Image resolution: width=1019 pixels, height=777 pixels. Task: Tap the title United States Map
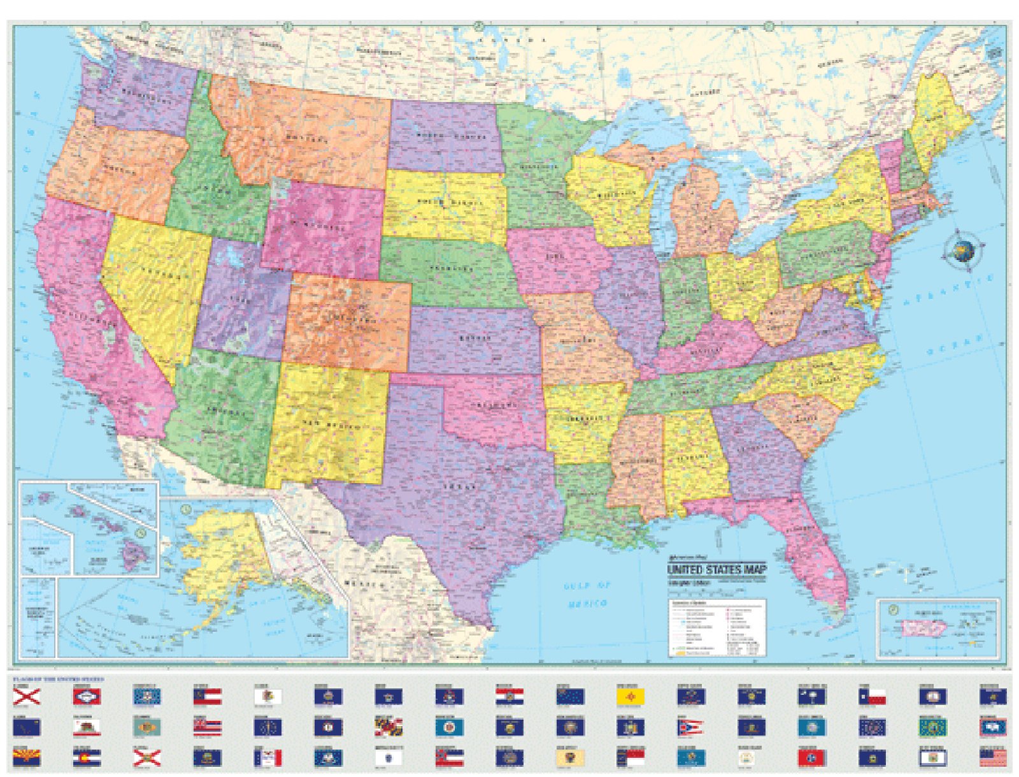point(716,569)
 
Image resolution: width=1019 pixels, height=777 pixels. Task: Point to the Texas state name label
point(460,486)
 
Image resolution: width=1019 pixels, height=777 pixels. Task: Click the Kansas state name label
point(475,338)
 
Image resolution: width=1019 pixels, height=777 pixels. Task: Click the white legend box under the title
point(716,627)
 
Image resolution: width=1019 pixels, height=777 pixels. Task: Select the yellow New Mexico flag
point(631,697)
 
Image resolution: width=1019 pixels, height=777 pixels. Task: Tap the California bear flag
point(87,727)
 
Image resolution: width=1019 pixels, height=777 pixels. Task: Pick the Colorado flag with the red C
point(87,758)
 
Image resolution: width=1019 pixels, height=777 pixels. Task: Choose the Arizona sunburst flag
point(26,758)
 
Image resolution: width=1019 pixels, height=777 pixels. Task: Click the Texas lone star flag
point(872,697)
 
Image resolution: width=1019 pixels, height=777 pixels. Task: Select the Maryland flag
point(388,727)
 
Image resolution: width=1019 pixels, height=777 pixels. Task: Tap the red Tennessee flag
point(811,758)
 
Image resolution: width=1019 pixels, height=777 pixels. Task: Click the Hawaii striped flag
point(208,727)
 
